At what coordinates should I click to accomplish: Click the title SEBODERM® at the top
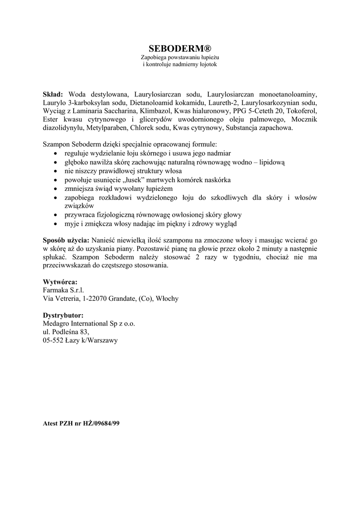[180, 48]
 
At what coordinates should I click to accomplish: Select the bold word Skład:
[53, 94]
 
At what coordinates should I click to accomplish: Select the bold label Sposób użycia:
[66, 239]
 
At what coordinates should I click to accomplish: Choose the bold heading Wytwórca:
[60, 281]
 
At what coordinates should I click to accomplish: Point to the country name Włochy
[167, 298]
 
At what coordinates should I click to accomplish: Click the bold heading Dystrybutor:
[63, 315]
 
